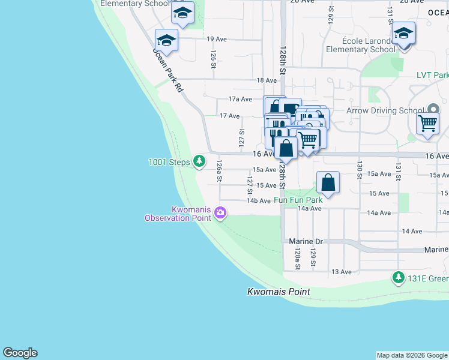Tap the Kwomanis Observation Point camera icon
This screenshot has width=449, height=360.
point(220,213)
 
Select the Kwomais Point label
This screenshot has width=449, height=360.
point(279,292)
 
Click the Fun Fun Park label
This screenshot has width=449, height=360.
point(298,200)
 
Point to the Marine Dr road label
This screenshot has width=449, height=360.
point(306,241)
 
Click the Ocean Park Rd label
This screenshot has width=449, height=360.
point(167,70)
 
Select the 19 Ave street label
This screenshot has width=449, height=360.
point(216,39)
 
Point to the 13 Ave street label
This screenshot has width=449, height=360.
point(342,272)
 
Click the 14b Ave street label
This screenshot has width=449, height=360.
point(259,201)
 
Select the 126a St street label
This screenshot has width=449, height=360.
point(220,170)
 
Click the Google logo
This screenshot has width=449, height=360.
point(20,353)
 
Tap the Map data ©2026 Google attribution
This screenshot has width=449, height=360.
point(412,355)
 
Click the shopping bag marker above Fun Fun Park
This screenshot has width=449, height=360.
point(328,182)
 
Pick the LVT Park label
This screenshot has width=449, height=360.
point(432,76)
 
